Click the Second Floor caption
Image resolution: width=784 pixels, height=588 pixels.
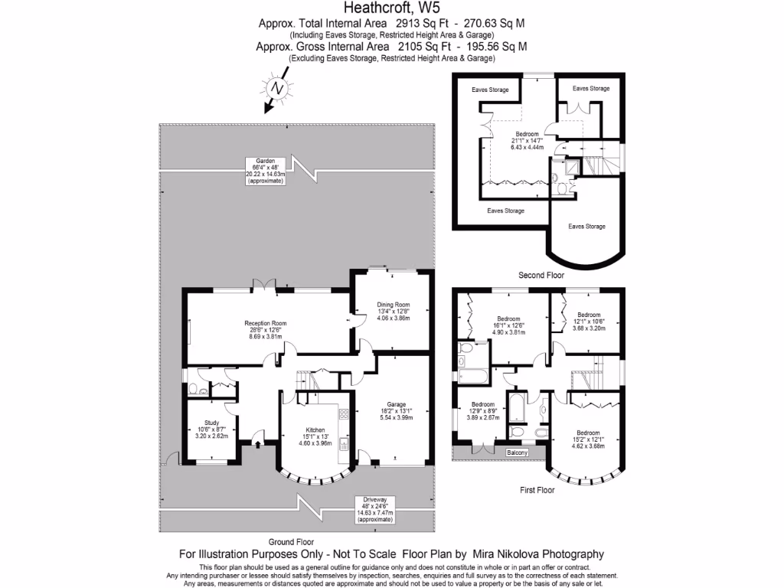click(541, 274)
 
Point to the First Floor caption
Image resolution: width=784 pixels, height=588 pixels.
click(536, 489)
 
